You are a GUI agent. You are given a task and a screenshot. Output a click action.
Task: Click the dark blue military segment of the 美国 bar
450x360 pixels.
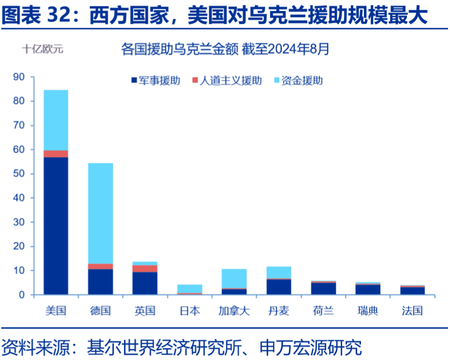56,225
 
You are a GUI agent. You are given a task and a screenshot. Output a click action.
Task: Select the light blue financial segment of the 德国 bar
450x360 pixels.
100,213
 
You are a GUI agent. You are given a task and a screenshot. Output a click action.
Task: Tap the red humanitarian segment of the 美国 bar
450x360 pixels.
56,154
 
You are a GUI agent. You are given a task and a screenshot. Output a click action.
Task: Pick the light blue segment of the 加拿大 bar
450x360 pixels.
234,278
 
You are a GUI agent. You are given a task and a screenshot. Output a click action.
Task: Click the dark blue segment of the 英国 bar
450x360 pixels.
145,283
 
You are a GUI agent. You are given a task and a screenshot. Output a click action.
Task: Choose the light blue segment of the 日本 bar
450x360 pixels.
189,288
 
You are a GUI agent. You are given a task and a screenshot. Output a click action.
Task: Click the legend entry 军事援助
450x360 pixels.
154,80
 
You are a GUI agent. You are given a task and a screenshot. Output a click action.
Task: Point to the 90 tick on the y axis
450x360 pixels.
19,77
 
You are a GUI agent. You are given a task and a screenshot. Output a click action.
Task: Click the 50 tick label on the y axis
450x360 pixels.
19,174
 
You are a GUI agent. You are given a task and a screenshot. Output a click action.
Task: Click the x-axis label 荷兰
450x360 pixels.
323,311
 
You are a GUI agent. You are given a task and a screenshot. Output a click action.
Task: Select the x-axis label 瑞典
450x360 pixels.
367,311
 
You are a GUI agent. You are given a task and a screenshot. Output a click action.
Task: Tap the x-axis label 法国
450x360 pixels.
412,311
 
